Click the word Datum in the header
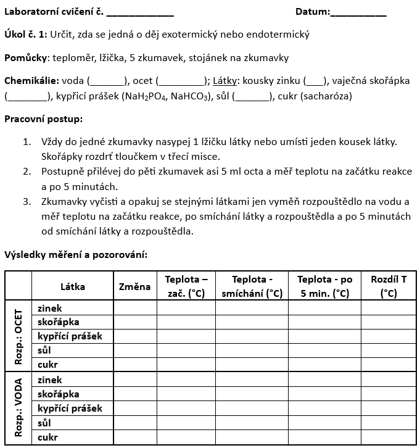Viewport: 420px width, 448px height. [311, 12]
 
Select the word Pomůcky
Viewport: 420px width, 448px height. [25, 58]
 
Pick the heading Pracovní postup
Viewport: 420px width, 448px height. [43, 118]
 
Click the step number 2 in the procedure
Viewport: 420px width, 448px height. [27, 172]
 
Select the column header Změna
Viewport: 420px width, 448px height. [135, 286]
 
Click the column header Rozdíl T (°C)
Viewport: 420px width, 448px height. [389, 286]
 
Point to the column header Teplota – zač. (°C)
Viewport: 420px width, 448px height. [186, 286]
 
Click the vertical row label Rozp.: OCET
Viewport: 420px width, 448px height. [19, 336]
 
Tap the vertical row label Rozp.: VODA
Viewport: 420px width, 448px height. [19, 408]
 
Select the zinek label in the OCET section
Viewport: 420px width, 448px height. [50, 308]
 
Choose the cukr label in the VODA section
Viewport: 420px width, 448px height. [47, 437]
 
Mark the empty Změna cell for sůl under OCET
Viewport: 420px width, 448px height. [135, 351]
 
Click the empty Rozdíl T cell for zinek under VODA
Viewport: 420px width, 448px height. [389, 380]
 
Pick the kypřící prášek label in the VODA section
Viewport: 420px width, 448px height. [70, 409]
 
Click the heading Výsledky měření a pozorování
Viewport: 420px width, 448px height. [76, 254]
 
